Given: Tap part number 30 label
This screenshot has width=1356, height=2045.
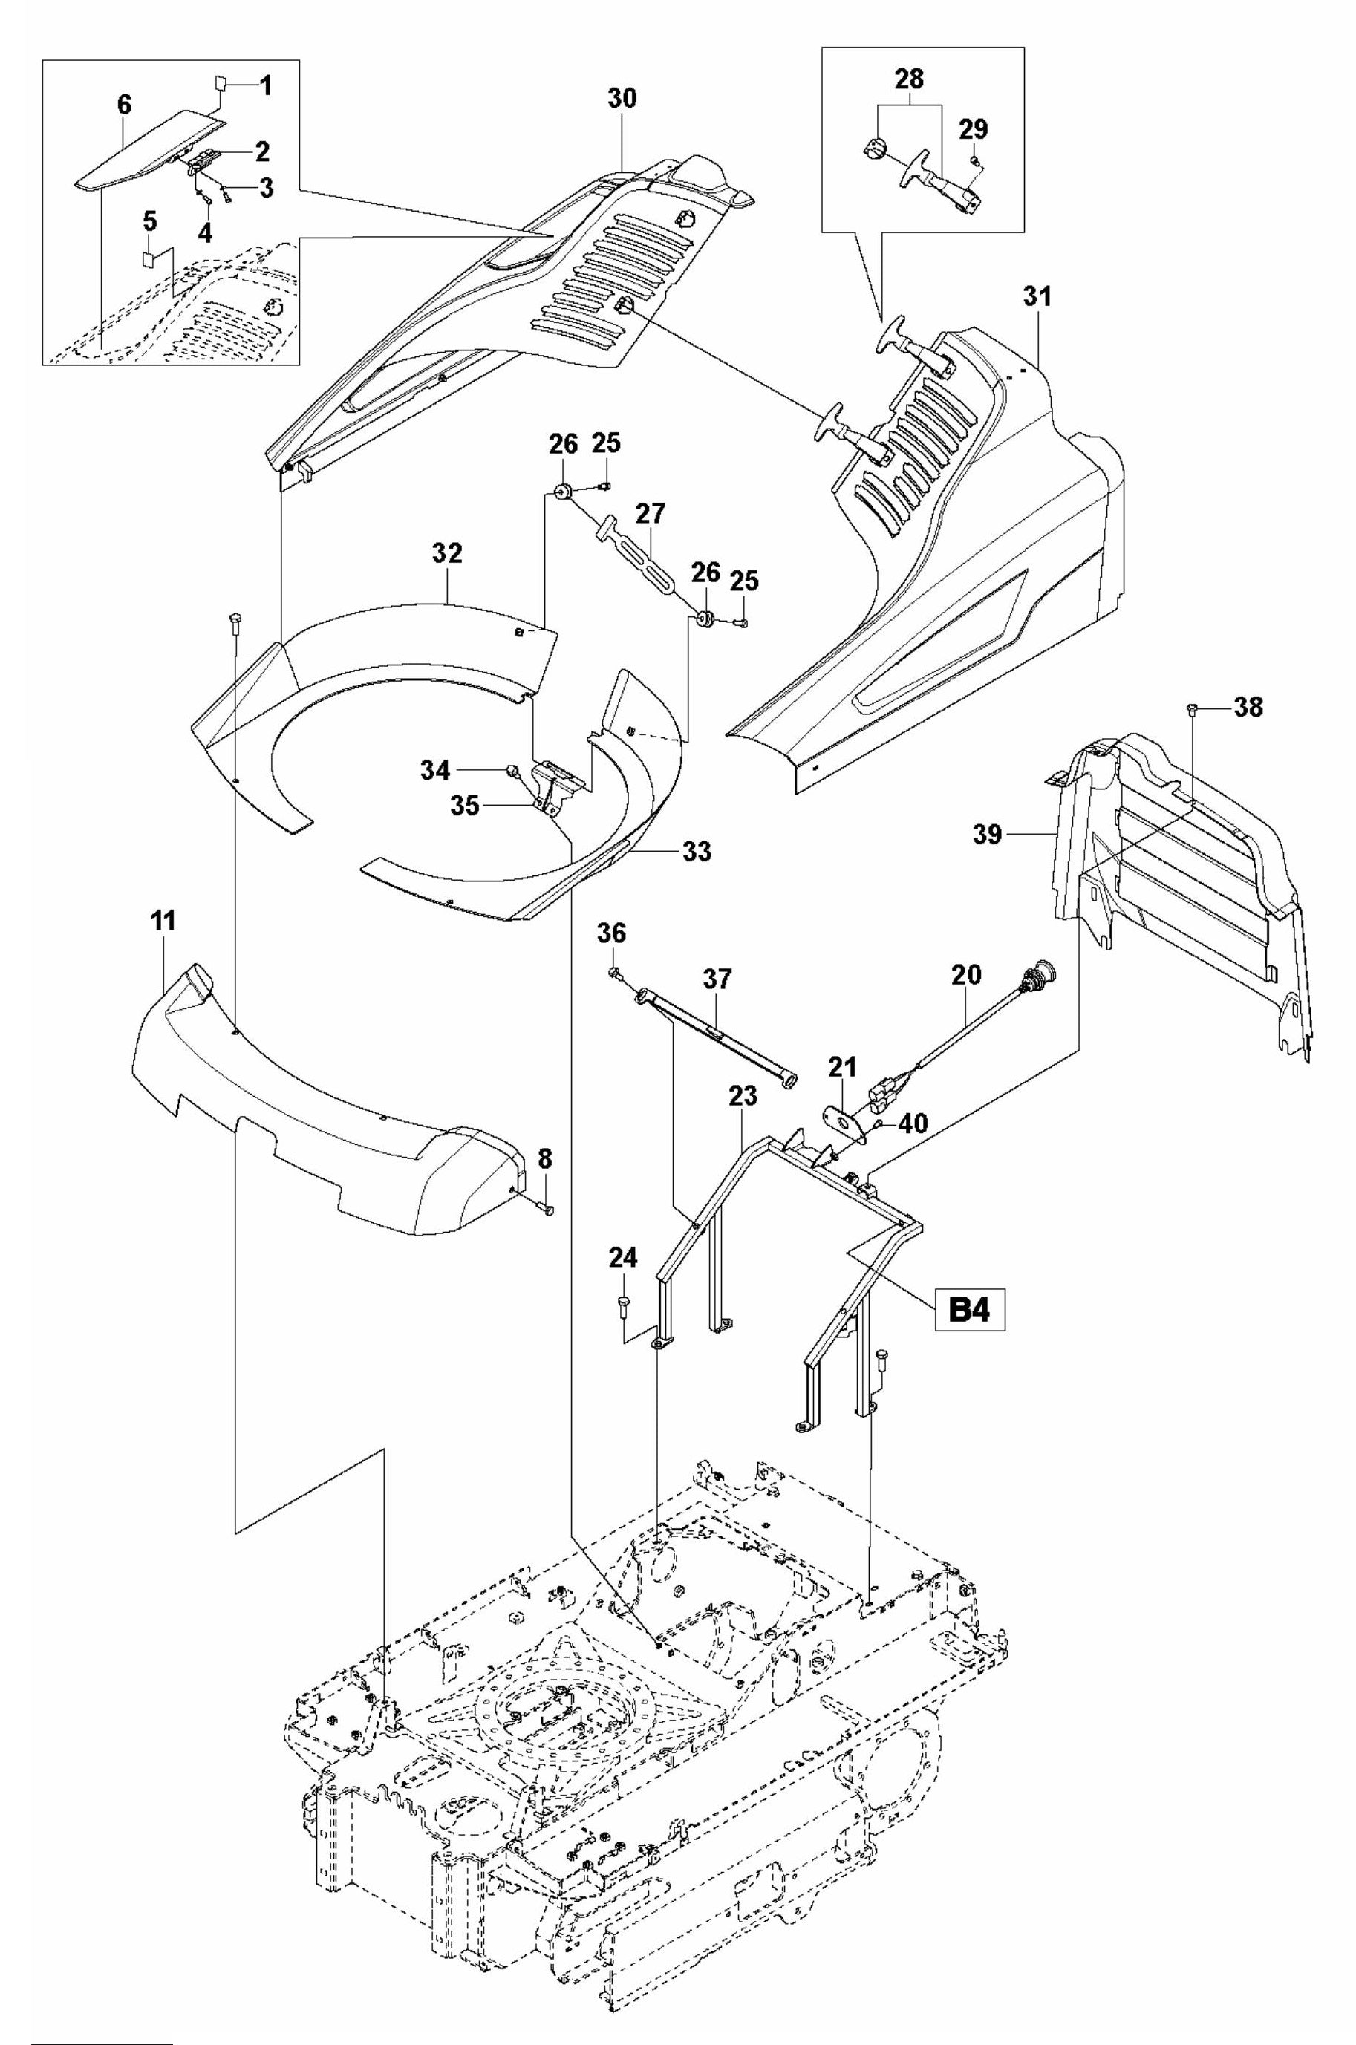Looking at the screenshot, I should (x=621, y=98).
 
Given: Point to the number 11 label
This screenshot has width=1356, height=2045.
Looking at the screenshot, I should (x=162, y=921).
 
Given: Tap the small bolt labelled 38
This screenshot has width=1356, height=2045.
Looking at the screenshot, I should (x=1193, y=710).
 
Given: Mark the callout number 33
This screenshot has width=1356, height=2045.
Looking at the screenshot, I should (x=696, y=851).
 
